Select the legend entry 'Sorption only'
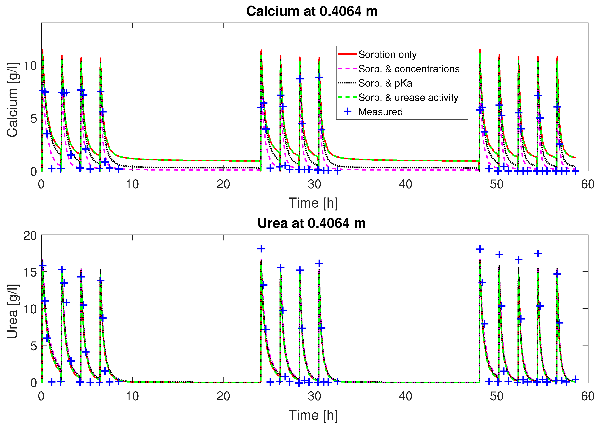(387, 55)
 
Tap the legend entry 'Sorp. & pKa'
(385, 83)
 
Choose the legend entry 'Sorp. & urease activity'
(408, 98)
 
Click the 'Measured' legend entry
(380, 112)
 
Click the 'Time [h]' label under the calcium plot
(313, 203)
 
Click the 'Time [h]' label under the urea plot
(313, 415)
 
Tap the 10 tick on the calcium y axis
(30, 66)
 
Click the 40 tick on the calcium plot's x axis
(406, 184)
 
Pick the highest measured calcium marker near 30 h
(319, 77)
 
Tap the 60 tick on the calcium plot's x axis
(588, 184)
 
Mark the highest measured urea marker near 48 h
(480, 249)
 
